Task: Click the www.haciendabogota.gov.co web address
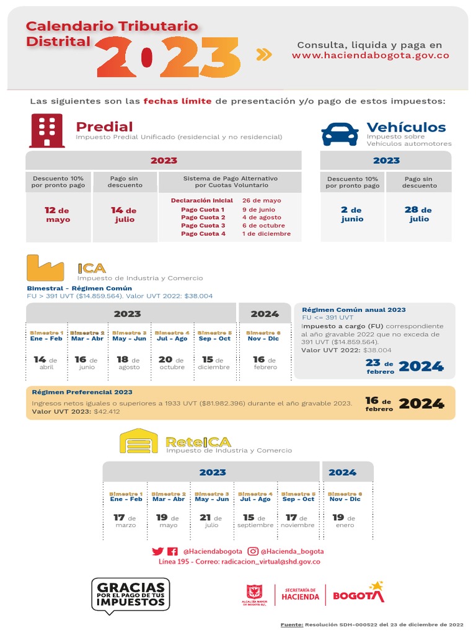370,55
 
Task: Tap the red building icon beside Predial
46,130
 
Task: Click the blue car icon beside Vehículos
340,133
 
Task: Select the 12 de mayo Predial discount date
57,215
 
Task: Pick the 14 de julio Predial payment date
124,215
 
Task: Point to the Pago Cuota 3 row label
203,226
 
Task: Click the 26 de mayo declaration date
261,200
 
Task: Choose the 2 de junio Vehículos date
352,214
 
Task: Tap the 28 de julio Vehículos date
418,214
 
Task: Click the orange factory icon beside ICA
45,268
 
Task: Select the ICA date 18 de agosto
129,363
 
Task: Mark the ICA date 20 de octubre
172,363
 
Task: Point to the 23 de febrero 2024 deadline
405,366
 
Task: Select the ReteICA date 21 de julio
211,521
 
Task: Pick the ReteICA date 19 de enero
345,521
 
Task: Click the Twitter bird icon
157,551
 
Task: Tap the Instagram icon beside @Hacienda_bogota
253,551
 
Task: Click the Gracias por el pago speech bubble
130,595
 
